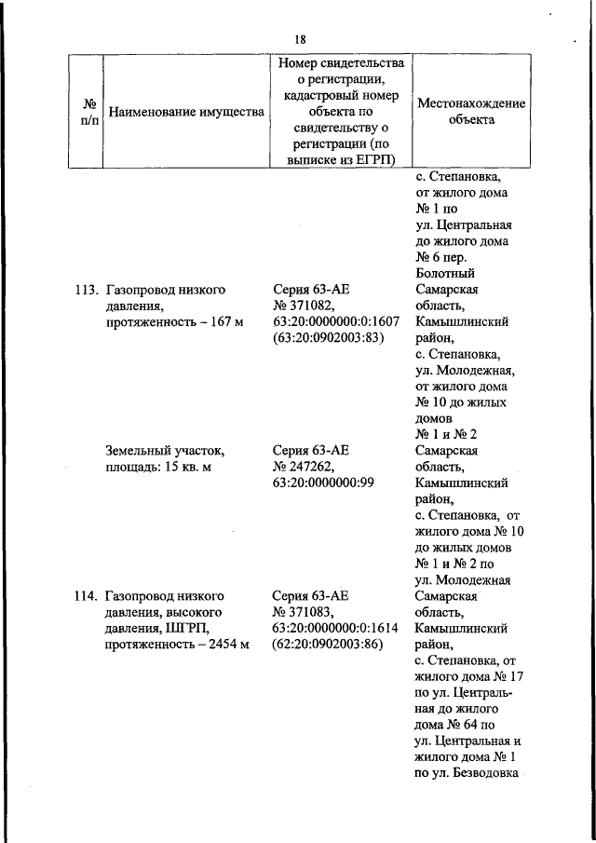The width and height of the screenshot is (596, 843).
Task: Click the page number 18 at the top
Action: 300,38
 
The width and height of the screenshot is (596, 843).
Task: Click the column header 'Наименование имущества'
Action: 186,112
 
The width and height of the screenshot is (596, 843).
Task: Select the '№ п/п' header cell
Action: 90,112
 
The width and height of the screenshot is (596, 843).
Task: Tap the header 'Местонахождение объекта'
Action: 470,112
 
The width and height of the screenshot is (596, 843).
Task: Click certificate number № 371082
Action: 310,306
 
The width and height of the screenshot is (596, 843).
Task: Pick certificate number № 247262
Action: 310,468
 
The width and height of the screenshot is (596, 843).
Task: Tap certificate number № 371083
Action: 310,611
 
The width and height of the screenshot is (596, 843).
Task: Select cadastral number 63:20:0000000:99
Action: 323,483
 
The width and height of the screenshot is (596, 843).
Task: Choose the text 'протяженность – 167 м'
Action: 174,321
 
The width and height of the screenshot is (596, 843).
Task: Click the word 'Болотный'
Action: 445,273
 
